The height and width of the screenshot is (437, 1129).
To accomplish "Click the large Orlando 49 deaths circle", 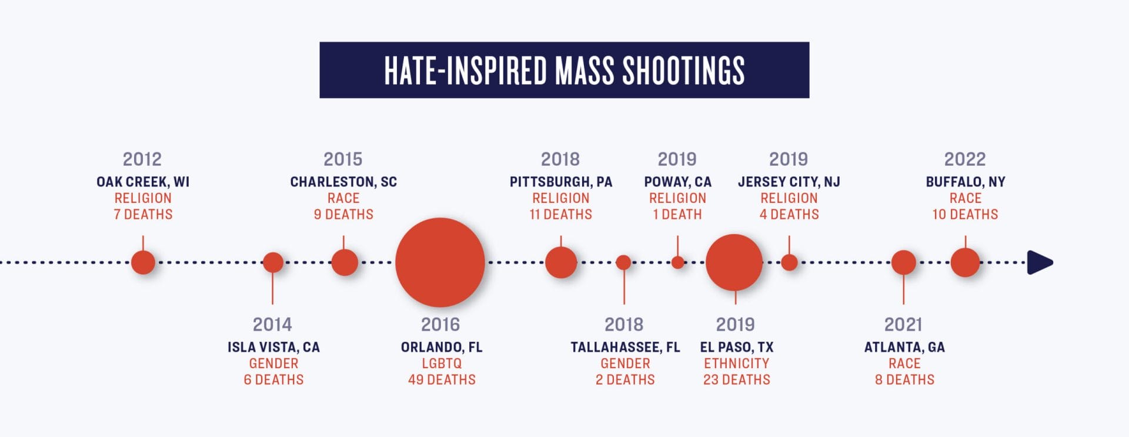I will coord(440,262).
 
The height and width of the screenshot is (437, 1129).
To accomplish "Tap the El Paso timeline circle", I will coord(734,262).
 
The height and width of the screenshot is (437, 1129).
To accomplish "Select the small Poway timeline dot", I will coord(678,262).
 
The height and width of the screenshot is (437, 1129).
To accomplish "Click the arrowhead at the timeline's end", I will coord(1039,262).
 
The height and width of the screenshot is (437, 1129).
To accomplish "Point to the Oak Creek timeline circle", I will coord(143,262).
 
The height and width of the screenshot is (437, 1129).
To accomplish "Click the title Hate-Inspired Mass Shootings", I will coord(564,70).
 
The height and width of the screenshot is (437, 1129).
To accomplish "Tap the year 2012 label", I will coord(142,159).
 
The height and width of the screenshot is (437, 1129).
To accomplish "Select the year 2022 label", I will coord(965,159).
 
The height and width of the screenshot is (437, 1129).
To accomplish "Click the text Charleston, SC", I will coord(343,182).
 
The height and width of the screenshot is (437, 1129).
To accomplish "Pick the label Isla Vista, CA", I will coord(273,347).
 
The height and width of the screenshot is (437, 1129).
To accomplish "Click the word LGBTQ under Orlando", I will coord(442,363).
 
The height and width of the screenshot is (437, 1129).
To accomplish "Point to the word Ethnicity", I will coord(736,363).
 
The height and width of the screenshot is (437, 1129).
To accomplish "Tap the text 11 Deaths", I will coord(560,215).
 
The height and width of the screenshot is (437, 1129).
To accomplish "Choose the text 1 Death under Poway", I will coord(677,215).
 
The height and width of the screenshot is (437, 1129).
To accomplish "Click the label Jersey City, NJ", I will coord(789,182).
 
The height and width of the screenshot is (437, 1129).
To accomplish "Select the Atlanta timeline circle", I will coord(903,262).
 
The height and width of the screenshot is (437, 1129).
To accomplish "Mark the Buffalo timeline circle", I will coord(965,262).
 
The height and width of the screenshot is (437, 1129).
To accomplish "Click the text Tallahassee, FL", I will coord(625,347).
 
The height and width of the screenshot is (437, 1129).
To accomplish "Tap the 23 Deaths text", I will coord(736,380).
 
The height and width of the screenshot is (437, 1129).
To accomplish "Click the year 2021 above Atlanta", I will coord(903,325).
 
